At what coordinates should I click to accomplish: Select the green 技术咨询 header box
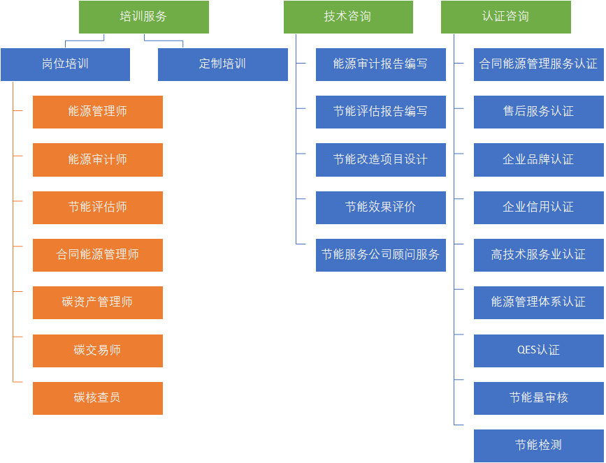tap(347, 17)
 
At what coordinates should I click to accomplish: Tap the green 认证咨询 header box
tap(505, 17)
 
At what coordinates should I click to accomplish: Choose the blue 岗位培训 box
tap(65, 64)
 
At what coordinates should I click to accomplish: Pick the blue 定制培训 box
tap(222, 64)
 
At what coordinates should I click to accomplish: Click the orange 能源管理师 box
tap(97, 112)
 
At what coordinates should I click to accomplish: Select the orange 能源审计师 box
tap(97, 160)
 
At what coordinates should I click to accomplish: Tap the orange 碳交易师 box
tap(97, 351)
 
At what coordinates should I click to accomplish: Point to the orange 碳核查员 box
tap(97, 398)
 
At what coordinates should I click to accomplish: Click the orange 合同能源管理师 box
tap(97, 255)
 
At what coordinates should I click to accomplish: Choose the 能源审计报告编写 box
tap(380, 64)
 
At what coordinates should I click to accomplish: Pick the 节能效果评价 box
tap(380, 207)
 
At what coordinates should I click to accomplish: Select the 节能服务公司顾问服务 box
tap(380, 255)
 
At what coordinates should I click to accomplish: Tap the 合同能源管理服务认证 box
tap(538, 64)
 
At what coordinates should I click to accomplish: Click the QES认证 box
tap(538, 351)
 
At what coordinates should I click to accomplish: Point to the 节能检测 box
tap(538, 446)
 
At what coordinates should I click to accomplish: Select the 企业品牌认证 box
tap(538, 160)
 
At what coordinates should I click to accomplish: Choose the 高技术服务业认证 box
tap(538, 255)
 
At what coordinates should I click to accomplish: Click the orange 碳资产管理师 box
tap(97, 302)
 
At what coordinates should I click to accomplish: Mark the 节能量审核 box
tap(538, 398)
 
